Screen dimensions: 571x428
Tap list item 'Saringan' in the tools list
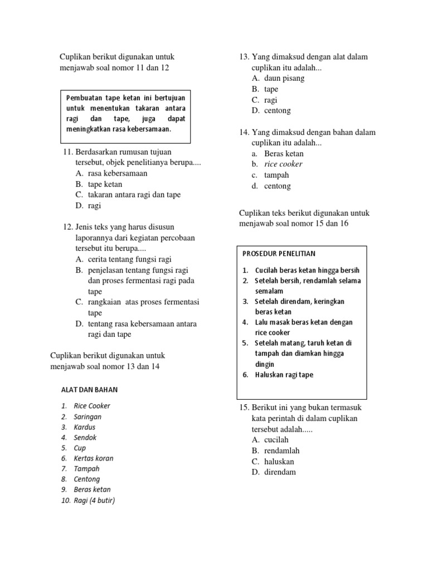87,417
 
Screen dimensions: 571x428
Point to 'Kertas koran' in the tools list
93,458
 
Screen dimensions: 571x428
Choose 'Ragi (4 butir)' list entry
94,500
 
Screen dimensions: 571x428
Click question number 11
69,152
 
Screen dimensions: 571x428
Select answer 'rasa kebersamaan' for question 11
118,173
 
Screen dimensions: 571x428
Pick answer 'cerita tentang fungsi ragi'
130,259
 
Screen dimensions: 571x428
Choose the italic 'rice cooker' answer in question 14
284,164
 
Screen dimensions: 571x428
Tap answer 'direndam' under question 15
280,472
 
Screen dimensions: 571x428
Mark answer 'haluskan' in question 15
279,462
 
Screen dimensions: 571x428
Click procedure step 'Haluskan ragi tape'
284,375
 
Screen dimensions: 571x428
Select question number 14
244,132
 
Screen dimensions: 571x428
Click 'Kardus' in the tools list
85,427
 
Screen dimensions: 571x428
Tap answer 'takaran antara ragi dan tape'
134,195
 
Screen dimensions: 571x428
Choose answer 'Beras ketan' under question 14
284,153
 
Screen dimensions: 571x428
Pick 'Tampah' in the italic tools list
86,468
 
